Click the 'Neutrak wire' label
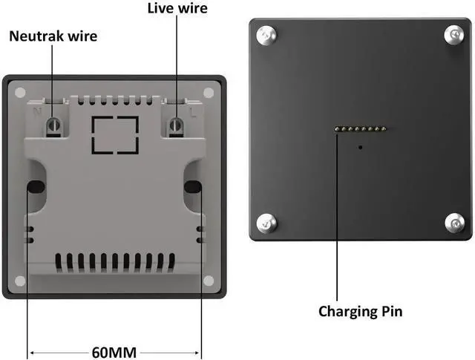53,36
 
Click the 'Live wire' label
177,9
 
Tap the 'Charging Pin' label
361,311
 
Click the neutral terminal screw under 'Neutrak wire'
53,125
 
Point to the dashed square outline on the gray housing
114,134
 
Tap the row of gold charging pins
361,130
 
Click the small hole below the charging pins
361,146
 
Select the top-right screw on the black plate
454,33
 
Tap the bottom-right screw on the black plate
454,221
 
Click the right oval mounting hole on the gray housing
192,186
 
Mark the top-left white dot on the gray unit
20,92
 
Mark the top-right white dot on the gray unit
208,92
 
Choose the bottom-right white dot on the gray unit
208,280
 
